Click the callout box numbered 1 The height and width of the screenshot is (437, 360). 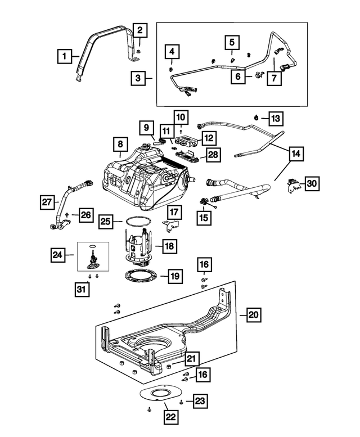coord(65,56)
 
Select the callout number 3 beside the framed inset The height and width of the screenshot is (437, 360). coord(138,79)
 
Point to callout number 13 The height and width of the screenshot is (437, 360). coord(276,119)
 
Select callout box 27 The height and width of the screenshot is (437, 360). coord(47,201)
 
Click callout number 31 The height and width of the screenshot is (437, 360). coord(82,289)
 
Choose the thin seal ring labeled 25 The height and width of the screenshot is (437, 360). coord(137,222)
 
